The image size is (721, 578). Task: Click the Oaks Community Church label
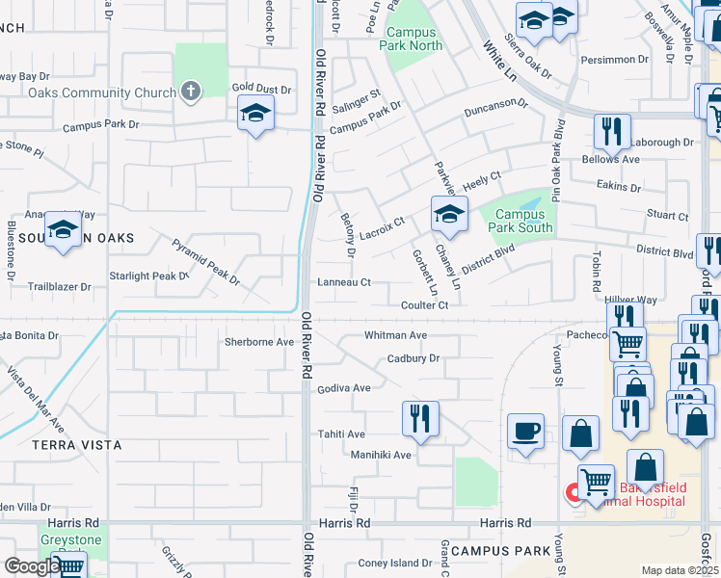101,93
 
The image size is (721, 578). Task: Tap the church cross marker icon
191,92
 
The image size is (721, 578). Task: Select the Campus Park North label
412,39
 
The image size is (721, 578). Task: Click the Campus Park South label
521,222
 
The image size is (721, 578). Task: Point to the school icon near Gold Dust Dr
255,115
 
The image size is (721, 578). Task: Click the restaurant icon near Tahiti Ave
420,418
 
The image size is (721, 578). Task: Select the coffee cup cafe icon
525,431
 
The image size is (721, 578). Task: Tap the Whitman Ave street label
394,335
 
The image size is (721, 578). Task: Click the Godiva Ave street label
344,388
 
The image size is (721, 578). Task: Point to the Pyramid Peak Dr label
205,261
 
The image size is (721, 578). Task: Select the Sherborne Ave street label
258,342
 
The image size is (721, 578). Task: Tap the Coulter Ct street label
425,305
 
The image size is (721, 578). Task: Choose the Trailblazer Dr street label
59,286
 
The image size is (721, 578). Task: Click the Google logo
31,566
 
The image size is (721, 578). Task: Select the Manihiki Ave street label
381,455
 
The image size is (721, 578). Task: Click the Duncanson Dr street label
495,105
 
